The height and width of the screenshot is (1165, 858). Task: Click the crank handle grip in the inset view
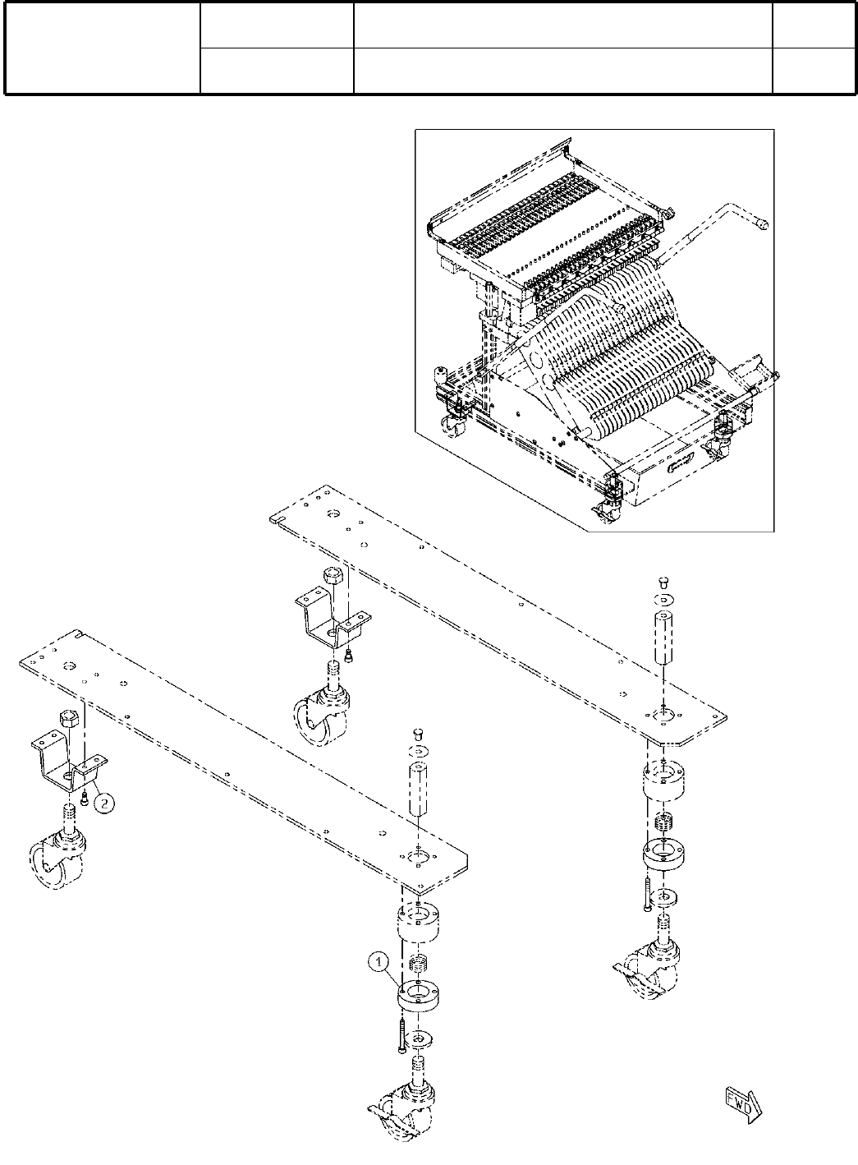762,222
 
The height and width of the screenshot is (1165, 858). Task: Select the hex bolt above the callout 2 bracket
68,719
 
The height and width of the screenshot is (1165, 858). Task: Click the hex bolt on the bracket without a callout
332,577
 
